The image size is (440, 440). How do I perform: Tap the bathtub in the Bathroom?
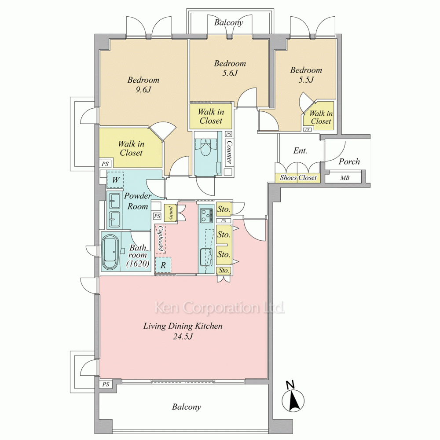tap(110, 252)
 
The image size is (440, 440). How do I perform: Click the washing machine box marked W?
tap(116, 180)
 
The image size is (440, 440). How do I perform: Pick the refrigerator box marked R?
tap(163, 265)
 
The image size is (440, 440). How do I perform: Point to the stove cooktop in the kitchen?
tap(206, 215)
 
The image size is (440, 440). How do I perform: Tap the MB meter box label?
tap(345, 178)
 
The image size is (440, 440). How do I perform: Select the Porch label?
tap(349, 161)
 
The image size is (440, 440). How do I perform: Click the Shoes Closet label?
tap(298, 178)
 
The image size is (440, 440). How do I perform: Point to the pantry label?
tap(170, 213)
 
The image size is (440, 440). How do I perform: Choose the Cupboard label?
tap(161, 238)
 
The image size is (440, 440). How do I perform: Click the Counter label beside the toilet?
tap(229, 152)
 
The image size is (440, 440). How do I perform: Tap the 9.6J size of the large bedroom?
tap(143, 90)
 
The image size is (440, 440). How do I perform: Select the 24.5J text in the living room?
tap(183, 336)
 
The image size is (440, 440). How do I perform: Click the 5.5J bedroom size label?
tap(306, 80)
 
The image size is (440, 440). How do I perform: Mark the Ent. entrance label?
tap(300, 150)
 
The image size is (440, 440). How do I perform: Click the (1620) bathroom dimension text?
tap(137, 264)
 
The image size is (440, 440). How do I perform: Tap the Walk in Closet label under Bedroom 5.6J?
tap(211, 116)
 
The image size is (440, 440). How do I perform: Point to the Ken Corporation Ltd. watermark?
tap(220, 308)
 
